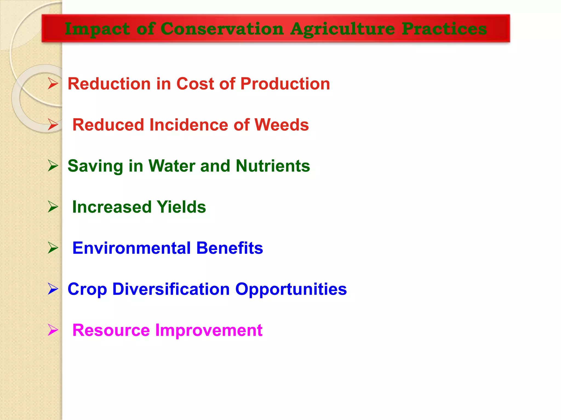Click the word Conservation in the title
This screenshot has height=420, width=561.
click(222, 29)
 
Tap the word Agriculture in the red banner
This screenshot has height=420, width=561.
click(342, 29)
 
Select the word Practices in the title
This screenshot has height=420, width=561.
click(444, 29)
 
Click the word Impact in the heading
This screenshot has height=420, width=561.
click(97, 29)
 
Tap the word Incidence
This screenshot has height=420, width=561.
click(188, 125)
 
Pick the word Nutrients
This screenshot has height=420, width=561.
click(273, 166)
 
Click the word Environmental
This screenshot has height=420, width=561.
click(131, 248)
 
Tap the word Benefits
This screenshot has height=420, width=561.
click(230, 248)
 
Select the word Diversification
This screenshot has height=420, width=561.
click(171, 289)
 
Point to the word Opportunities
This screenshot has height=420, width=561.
click(291, 289)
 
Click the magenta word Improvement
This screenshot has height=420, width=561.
click(209, 330)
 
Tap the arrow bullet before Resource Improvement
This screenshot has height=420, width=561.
click(53, 330)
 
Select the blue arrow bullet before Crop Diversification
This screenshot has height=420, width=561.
click(53, 289)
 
